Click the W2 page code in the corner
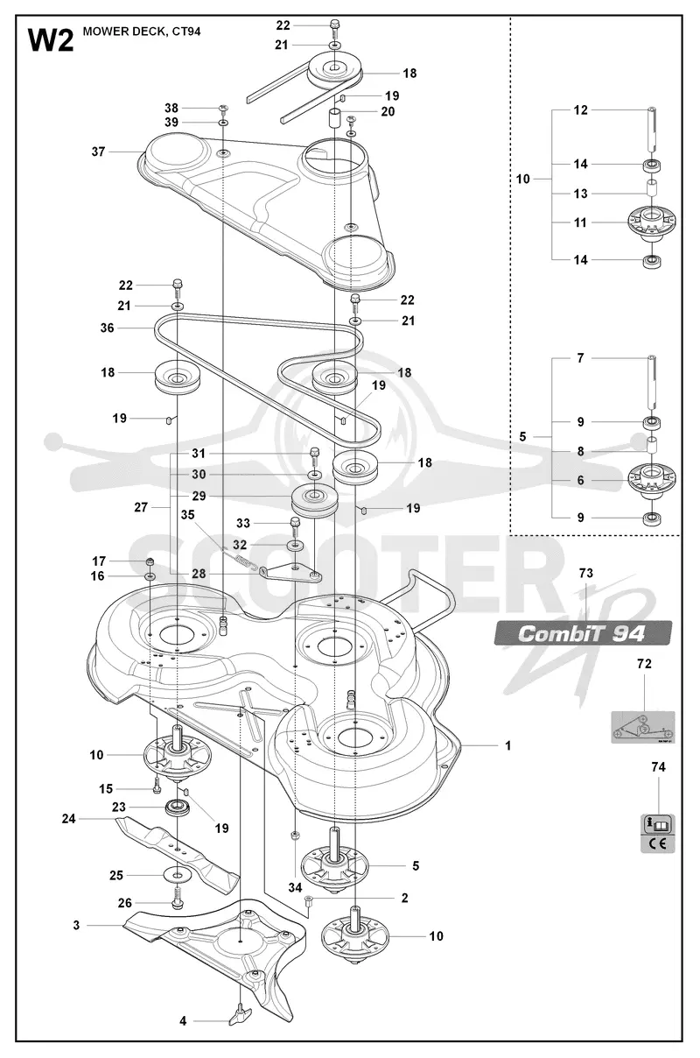pos(51,40)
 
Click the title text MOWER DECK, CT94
pos(142,32)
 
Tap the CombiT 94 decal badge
pos(583,633)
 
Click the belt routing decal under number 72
pos(643,727)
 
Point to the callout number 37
pos(98,152)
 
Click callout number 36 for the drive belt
pos(107,328)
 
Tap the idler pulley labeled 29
pos(314,502)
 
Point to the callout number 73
pos(585,573)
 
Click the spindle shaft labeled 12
pos(651,129)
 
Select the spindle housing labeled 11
pos(651,222)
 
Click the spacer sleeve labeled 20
pos(334,118)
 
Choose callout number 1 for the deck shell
pos(507,745)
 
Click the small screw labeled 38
pos(224,109)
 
